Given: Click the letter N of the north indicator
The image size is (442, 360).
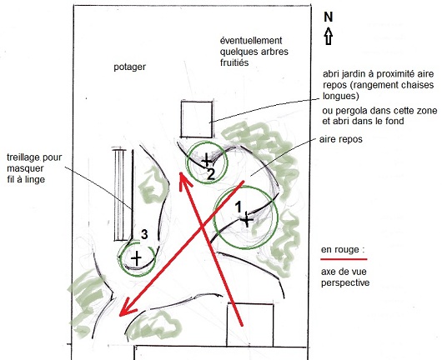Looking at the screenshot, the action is tap(328, 17).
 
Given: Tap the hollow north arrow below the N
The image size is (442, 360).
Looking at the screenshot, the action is tap(329, 36).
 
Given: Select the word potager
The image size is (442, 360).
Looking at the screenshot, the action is tap(129, 67).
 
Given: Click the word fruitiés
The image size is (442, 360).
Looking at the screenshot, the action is tap(234, 62).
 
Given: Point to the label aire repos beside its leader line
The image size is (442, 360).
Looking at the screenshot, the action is tap(341, 139).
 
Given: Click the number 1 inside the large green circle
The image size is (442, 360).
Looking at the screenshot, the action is tap(239, 207).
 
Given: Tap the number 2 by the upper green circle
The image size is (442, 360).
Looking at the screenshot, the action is tap(210, 174).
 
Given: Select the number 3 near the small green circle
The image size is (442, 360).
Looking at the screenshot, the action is tap(144, 234).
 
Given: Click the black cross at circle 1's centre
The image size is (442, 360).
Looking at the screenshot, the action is tap(247, 220).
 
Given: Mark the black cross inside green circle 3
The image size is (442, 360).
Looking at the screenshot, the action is tap(137, 258).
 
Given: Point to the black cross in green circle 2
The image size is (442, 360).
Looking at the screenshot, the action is tap(206, 160).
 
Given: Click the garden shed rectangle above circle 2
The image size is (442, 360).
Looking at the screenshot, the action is tap(197, 119).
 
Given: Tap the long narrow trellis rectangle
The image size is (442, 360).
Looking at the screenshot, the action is tap(119, 195).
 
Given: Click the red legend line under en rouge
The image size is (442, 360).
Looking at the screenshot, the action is tap(344, 258).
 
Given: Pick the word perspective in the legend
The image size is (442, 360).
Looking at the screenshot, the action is tap(345, 282).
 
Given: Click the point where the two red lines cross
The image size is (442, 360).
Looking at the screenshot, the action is tap(203, 226).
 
